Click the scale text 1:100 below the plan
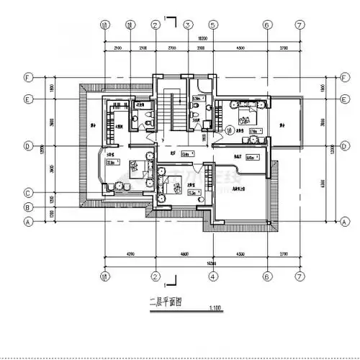[x=214, y=309]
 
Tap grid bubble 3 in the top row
[x=186, y=24]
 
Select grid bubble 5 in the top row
[x=213, y=24]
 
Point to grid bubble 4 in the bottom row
[x=213, y=275]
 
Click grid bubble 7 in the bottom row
[x=299, y=275]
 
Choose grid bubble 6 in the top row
[x=266, y=24]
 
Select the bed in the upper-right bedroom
[x=244, y=112]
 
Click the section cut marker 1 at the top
[x=166, y=16]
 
